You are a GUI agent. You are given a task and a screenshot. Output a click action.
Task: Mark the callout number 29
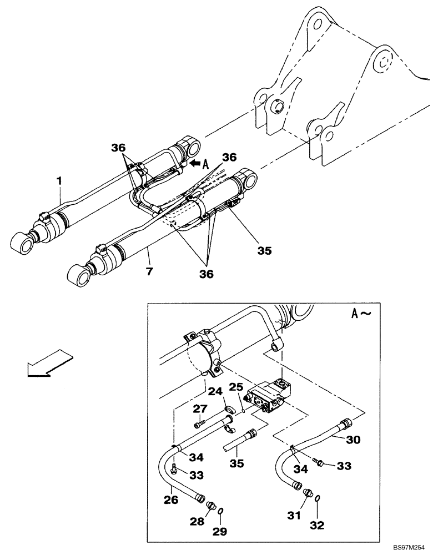pos(221,532)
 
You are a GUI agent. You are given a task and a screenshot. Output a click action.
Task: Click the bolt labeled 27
pos(201,425)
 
